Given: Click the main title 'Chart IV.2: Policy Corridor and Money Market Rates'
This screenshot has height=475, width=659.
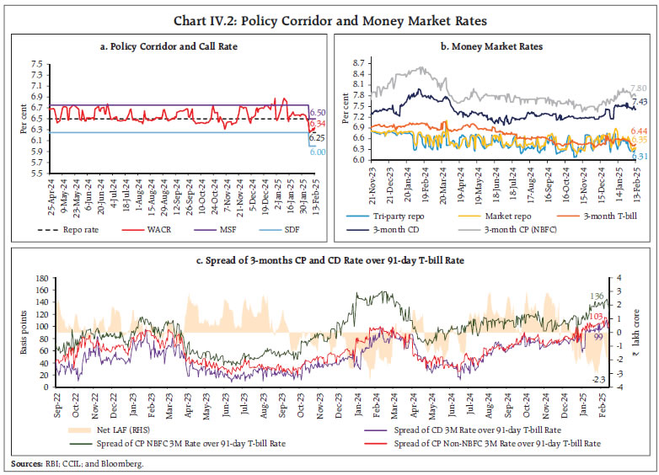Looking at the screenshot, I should (x=329, y=19).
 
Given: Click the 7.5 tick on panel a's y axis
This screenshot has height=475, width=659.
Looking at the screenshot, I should (x=35, y=64).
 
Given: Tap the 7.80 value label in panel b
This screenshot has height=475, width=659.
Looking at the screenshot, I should (x=638, y=88).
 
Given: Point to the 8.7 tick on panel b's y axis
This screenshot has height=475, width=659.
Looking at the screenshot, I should (x=360, y=63).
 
